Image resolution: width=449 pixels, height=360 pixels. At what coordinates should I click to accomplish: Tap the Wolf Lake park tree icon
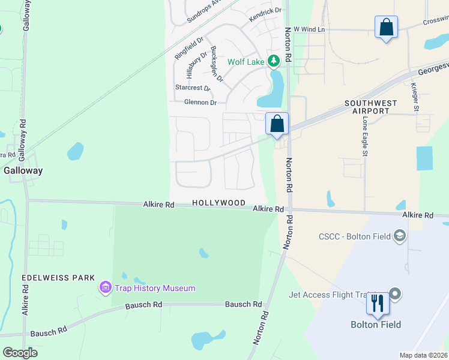click(x=274, y=61)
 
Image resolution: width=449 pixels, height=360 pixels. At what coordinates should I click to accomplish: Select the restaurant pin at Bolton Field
click(x=378, y=303)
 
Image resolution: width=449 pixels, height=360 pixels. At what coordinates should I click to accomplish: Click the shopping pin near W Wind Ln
click(x=386, y=28)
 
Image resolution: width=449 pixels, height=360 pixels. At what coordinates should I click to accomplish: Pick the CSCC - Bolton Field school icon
click(x=399, y=236)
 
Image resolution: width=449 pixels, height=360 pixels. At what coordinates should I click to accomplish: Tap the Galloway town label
click(x=23, y=170)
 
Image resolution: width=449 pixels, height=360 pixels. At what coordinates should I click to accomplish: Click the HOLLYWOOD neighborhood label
click(x=218, y=203)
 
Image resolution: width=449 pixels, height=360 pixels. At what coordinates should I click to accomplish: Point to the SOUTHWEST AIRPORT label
click(x=370, y=107)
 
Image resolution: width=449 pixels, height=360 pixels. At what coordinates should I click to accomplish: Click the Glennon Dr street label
click(x=200, y=103)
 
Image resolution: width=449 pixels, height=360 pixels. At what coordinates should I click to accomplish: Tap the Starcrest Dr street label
click(x=193, y=88)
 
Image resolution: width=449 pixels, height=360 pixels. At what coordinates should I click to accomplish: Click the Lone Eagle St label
click(x=364, y=137)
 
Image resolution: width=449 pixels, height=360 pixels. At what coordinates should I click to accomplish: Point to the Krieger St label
click(x=414, y=94)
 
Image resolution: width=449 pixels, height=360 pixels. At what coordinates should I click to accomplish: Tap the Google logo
click(x=20, y=352)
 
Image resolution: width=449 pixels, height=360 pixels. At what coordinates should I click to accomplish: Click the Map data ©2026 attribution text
click(x=423, y=355)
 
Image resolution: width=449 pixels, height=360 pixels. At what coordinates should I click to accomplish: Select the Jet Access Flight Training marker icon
click(x=394, y=293)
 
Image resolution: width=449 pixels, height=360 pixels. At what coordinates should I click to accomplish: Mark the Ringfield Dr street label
click(x=185, y=48)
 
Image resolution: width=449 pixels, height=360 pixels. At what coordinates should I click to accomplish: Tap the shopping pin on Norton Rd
click(x=277, y=124)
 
